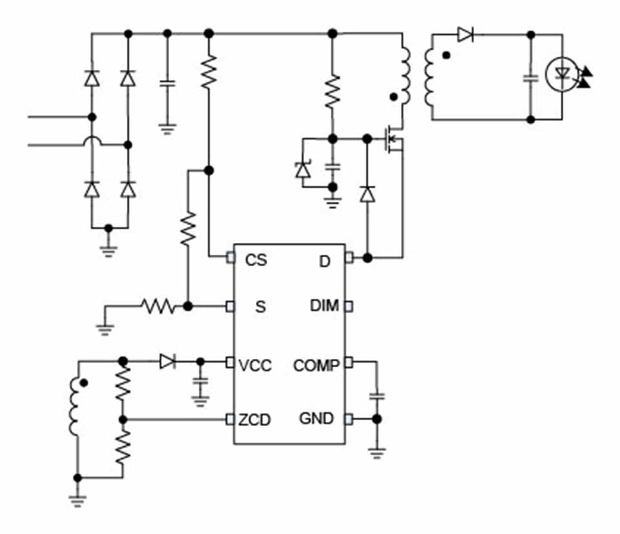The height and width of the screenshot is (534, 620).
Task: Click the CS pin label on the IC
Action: pyautogui.click(x=256, y=260)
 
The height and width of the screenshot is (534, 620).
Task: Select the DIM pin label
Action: pyautogui.click(x=324, y=306)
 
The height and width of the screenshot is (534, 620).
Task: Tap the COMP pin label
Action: pyautogui.click(x=316, y=366)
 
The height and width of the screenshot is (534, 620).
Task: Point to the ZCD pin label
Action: pyautogui.click(x=254, y=420)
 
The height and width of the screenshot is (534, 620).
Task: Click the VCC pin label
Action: pyautogui.click(x=255, y=366)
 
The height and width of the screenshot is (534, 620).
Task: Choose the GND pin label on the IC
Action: pyautogui.click(x=316, y=419)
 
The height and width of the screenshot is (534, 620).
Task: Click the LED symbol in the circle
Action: pyautogui.click(x=561, y=75)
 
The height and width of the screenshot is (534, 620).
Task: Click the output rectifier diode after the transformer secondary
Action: pyautogui.click(x=466, y=34)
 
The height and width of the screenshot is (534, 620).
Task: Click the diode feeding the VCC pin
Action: pyautogui.click(x=167, y=361)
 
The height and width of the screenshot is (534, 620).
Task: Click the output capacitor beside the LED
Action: pyautogui.click(x=531, y=78)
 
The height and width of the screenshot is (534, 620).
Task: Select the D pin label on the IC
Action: pyautogui.click(x=325, y=261)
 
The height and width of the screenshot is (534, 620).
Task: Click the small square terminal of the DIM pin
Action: pyautogui.click(x=349, y=306)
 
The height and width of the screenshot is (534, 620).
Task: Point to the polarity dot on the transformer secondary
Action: pyautogui.click(x=446, y=56)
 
